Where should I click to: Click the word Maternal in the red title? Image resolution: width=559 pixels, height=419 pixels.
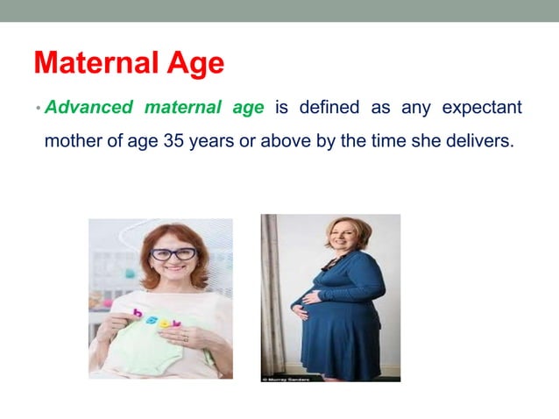pyautogui.click(x=97, y=63)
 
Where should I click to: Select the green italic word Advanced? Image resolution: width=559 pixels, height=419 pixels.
pyautogui.click(x=88, y=108)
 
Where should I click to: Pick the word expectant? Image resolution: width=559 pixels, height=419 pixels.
pyautogui.click(x=482, y=108)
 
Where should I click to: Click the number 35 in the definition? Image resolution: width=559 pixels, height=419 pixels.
pyautogui.click(x=173, y=141)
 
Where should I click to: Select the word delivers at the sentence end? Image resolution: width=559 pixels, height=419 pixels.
pyautogui.click(x=481, y=141)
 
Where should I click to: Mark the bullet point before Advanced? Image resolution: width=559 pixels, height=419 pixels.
pyautogui.click(x=39, y=109)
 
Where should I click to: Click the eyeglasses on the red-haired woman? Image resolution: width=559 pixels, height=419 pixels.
pyautogui.click(x=173, y=254)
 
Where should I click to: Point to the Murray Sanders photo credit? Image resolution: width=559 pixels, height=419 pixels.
pyautogui.click(x=289, y=379)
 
